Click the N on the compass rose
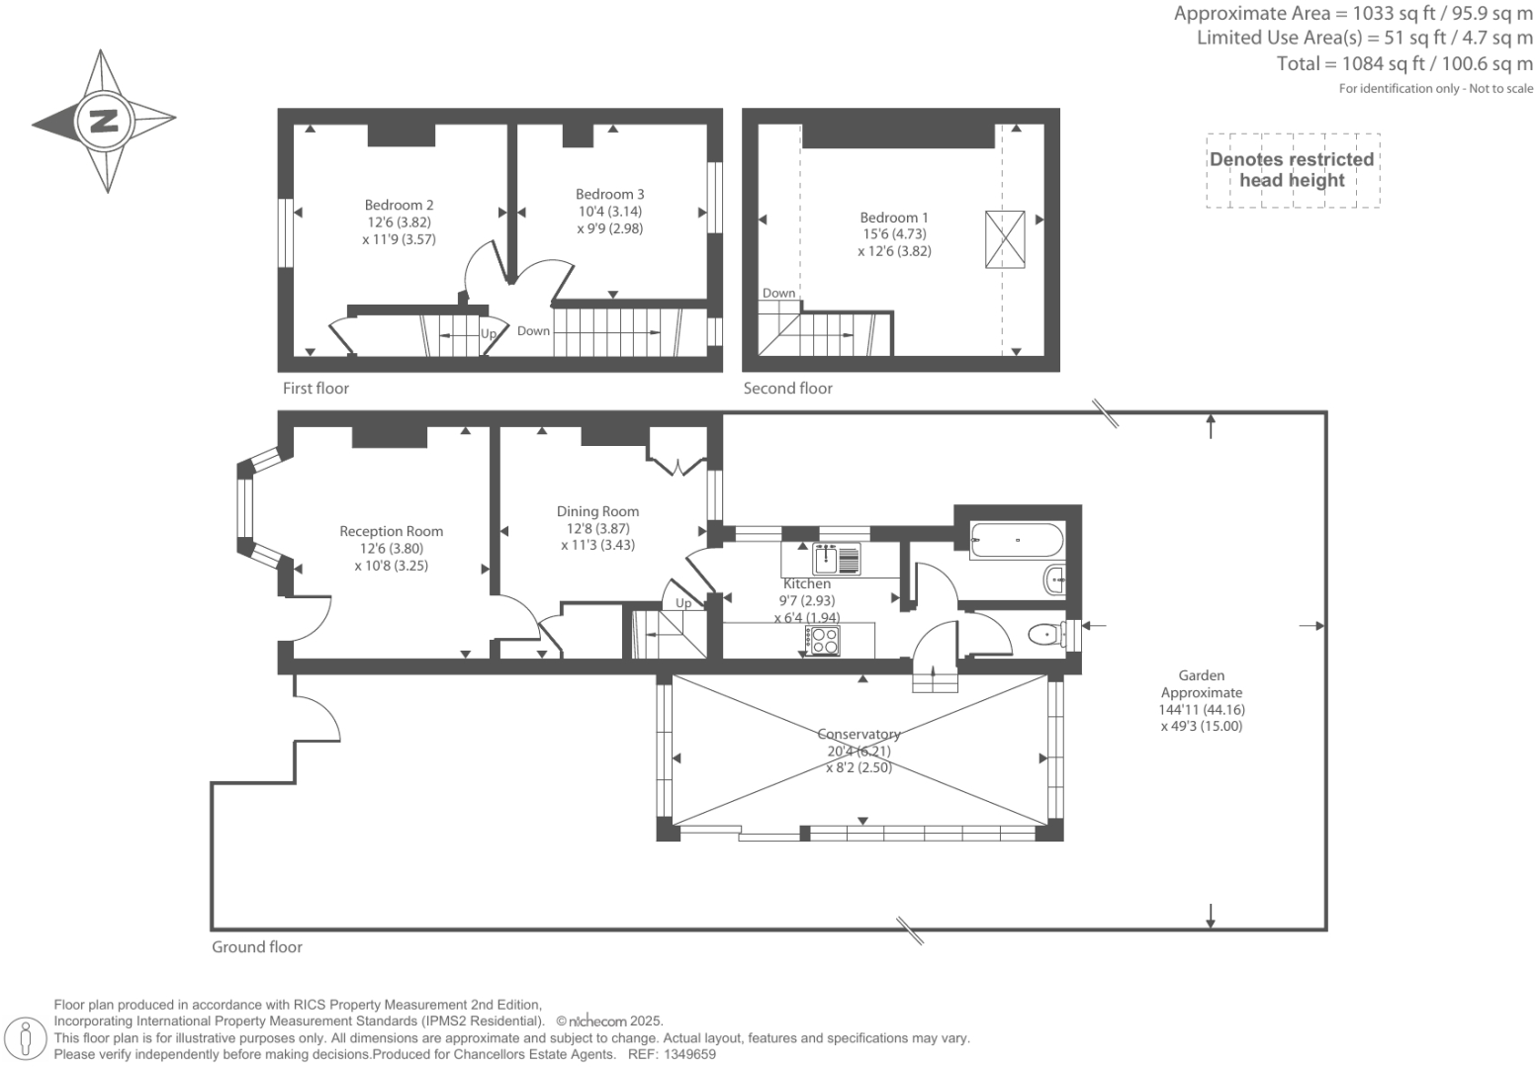click(104, 122)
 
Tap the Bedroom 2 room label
click(400, 205)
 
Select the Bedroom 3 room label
click(609, 194)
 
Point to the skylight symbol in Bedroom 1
click(1005, 239)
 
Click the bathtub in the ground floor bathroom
click(1018, 540)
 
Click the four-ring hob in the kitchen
click(823, 641)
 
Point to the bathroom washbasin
click(1054, 580)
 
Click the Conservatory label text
click(858, 734)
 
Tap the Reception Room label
click(392, 531)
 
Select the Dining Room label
click(598, 511)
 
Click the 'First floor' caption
click(316, 388)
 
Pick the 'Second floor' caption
click(788, 388)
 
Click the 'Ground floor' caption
click(257, 947)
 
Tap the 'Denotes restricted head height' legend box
click(1294, 170)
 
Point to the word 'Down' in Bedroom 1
click(779, 293)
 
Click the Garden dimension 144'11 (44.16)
click(1202, 710)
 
